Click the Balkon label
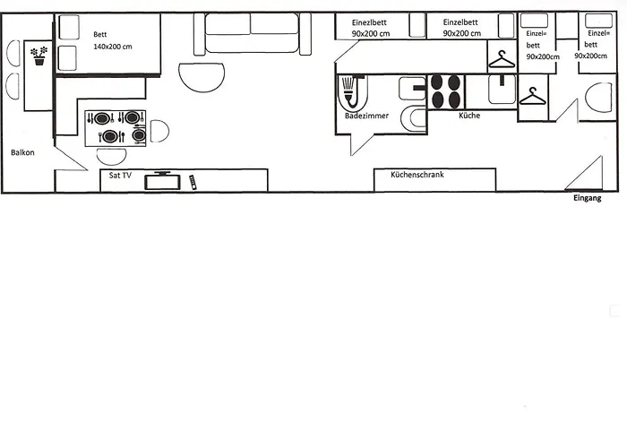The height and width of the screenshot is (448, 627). pyautogui.click(x=22, y=152)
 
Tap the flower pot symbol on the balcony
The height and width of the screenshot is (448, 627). pyautogui.click(x=39, y=56)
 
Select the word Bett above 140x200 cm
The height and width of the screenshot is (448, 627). pyautogui.click(x=100, y=34)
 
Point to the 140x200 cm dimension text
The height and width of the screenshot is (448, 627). pyautogui.click(x=113, y=46)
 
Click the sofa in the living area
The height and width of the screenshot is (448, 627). pyautogui.click(x=250, y=35)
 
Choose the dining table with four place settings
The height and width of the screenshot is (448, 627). pyautogui.click(x=116, y=127)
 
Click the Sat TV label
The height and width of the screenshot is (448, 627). pyautogui.click(x=121, y=176)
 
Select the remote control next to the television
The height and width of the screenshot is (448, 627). pyautogui.click(x=193, y=182)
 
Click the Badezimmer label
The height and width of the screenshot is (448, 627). pyautogui.click(x=366, y=116)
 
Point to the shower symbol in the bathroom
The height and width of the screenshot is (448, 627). pyautogui.click(x=350, y=91)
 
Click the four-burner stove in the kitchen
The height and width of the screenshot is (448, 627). pyautogui.click(x=446, y=90)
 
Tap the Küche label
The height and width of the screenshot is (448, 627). pyautogui.click(x=470, y=116)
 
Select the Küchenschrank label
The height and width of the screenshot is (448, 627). pyautogui.click(x=417, y=175)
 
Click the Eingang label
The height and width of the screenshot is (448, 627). pyautogui.click(x=587, y=199)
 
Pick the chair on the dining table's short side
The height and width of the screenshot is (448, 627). pyautogui.click(x=159, y=131)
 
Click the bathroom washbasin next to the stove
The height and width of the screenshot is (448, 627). pyautogui.click(x=413, y=88)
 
